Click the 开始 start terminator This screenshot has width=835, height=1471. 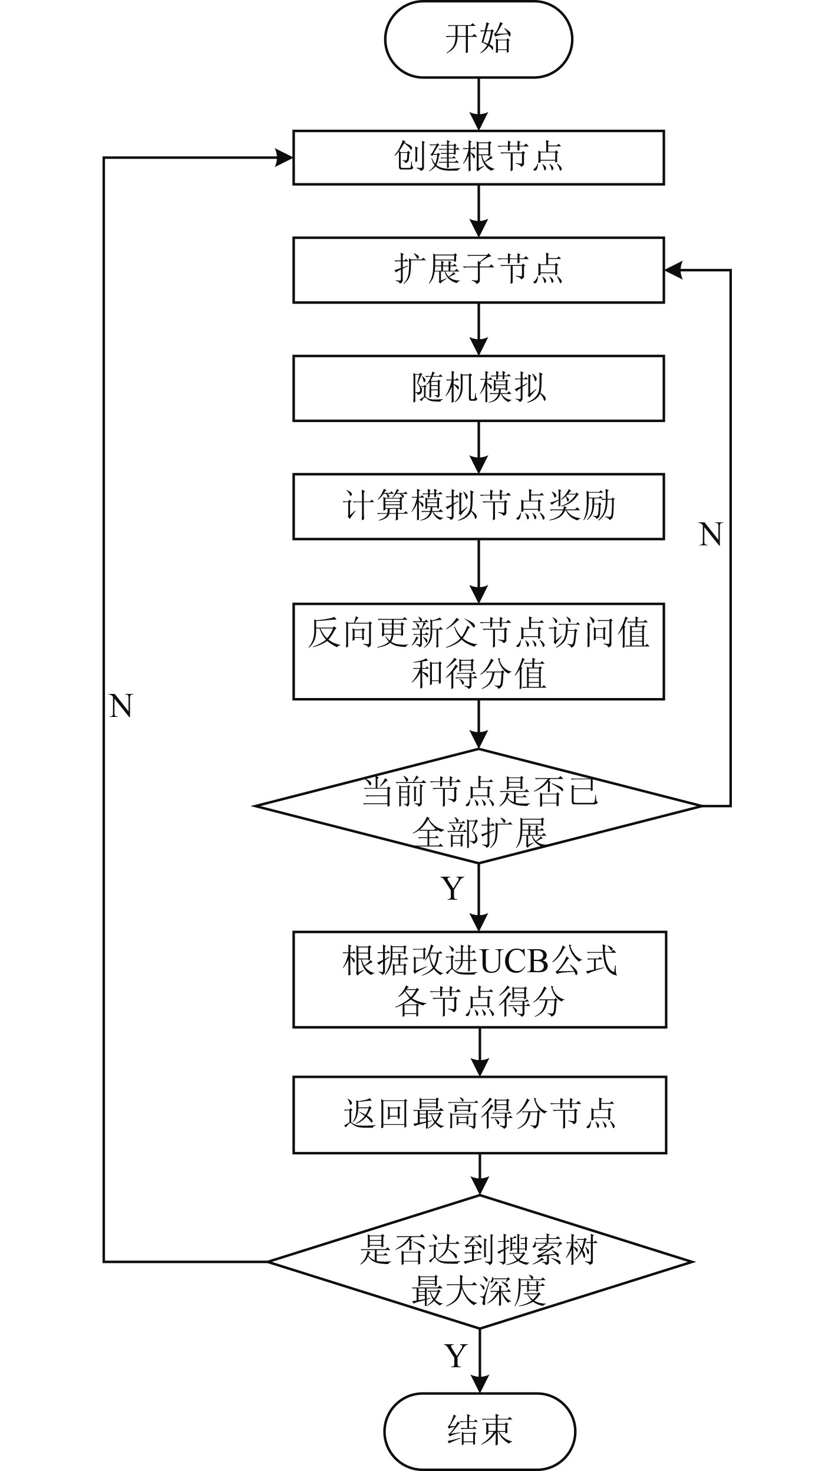(478, 39)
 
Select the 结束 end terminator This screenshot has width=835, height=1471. (480, 1431)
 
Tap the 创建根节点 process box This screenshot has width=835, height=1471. (478, 157)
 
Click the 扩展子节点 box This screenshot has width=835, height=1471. (478, 270)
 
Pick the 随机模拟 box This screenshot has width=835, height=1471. (478, 388)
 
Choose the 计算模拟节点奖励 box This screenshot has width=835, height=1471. (478, 506)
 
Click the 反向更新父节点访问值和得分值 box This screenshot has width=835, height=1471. (478, 651)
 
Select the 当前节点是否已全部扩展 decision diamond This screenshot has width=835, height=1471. (478, 805)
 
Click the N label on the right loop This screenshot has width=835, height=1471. (711, 535)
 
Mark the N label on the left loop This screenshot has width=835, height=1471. (121, 706)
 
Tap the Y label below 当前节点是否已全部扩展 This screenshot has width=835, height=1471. (453, 888)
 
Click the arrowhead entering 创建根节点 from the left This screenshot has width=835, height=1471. (285, 157)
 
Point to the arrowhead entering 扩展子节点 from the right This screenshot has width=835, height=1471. (674, 270)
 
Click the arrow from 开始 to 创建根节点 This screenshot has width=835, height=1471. (478, 104)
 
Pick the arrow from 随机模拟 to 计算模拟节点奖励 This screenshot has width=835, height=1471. (478, 447)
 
